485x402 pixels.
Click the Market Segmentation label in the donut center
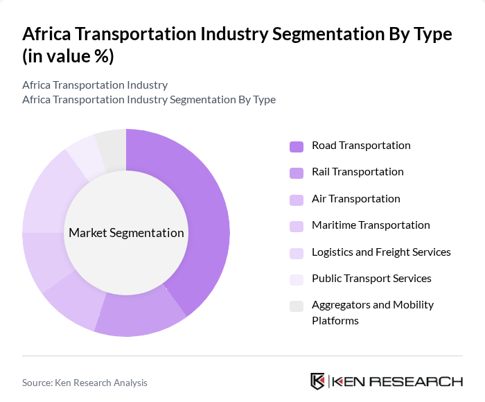pos(126,233)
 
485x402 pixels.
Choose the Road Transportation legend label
pos(361,146)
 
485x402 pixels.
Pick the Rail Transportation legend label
pos(358,172)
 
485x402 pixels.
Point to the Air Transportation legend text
pos(355,199)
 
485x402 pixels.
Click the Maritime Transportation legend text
pos(371,225)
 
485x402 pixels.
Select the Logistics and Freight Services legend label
pos(381,252)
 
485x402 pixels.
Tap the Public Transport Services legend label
pos(371,279)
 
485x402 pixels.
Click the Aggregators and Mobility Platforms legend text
pos(372,313)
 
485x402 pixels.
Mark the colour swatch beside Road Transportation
pos(297,146)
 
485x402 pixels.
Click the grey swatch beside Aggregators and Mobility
pos(297,306)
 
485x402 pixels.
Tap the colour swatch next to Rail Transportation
pos(297,173)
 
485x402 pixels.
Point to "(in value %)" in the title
pos(68,57)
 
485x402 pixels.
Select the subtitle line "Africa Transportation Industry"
pos(95,85)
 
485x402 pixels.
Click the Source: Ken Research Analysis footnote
pos(85,383)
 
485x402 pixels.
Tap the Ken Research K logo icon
pos(318,381)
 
